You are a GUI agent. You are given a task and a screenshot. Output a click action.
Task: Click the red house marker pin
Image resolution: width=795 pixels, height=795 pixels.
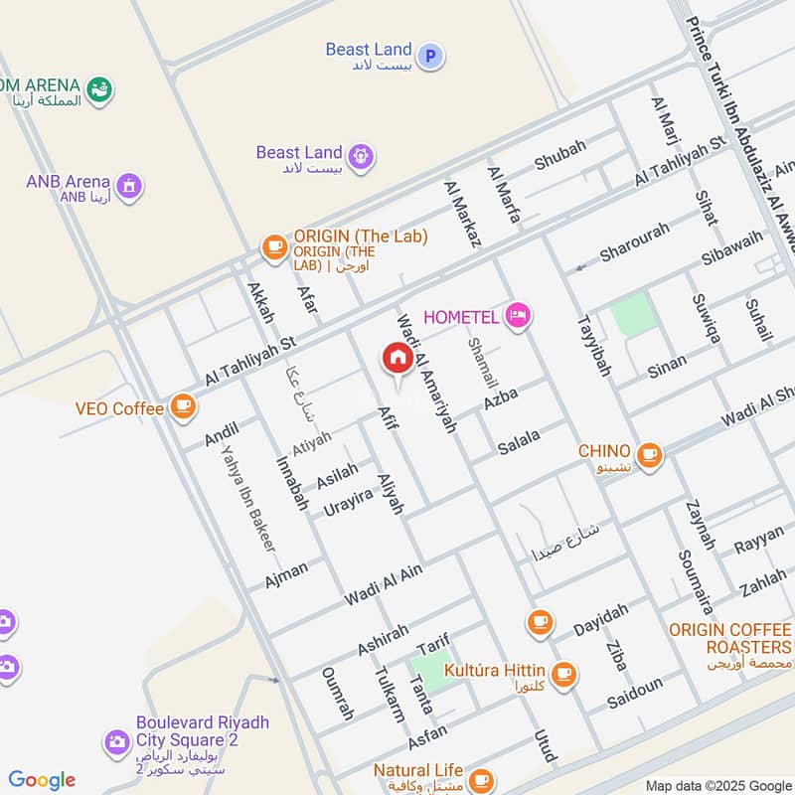397,358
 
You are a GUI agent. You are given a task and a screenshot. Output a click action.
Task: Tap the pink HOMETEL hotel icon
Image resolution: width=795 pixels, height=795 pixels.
518,317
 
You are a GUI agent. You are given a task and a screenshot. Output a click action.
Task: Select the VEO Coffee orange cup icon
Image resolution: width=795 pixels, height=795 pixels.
182,405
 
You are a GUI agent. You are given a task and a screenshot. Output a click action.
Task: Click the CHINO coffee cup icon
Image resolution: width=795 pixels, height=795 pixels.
649,454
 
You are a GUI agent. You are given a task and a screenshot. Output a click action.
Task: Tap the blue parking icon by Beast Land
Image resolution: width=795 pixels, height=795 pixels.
430,57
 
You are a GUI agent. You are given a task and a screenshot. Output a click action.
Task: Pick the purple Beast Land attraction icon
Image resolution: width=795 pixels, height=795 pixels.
360,155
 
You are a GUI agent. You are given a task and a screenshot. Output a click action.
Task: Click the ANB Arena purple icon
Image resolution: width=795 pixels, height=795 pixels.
128,186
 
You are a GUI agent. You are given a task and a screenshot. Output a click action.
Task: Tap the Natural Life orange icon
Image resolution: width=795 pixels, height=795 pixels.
481,779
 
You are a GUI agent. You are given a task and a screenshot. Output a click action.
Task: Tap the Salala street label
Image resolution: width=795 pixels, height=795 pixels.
520,438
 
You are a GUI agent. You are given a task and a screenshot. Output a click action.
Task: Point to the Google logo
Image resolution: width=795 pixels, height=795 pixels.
41,780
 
